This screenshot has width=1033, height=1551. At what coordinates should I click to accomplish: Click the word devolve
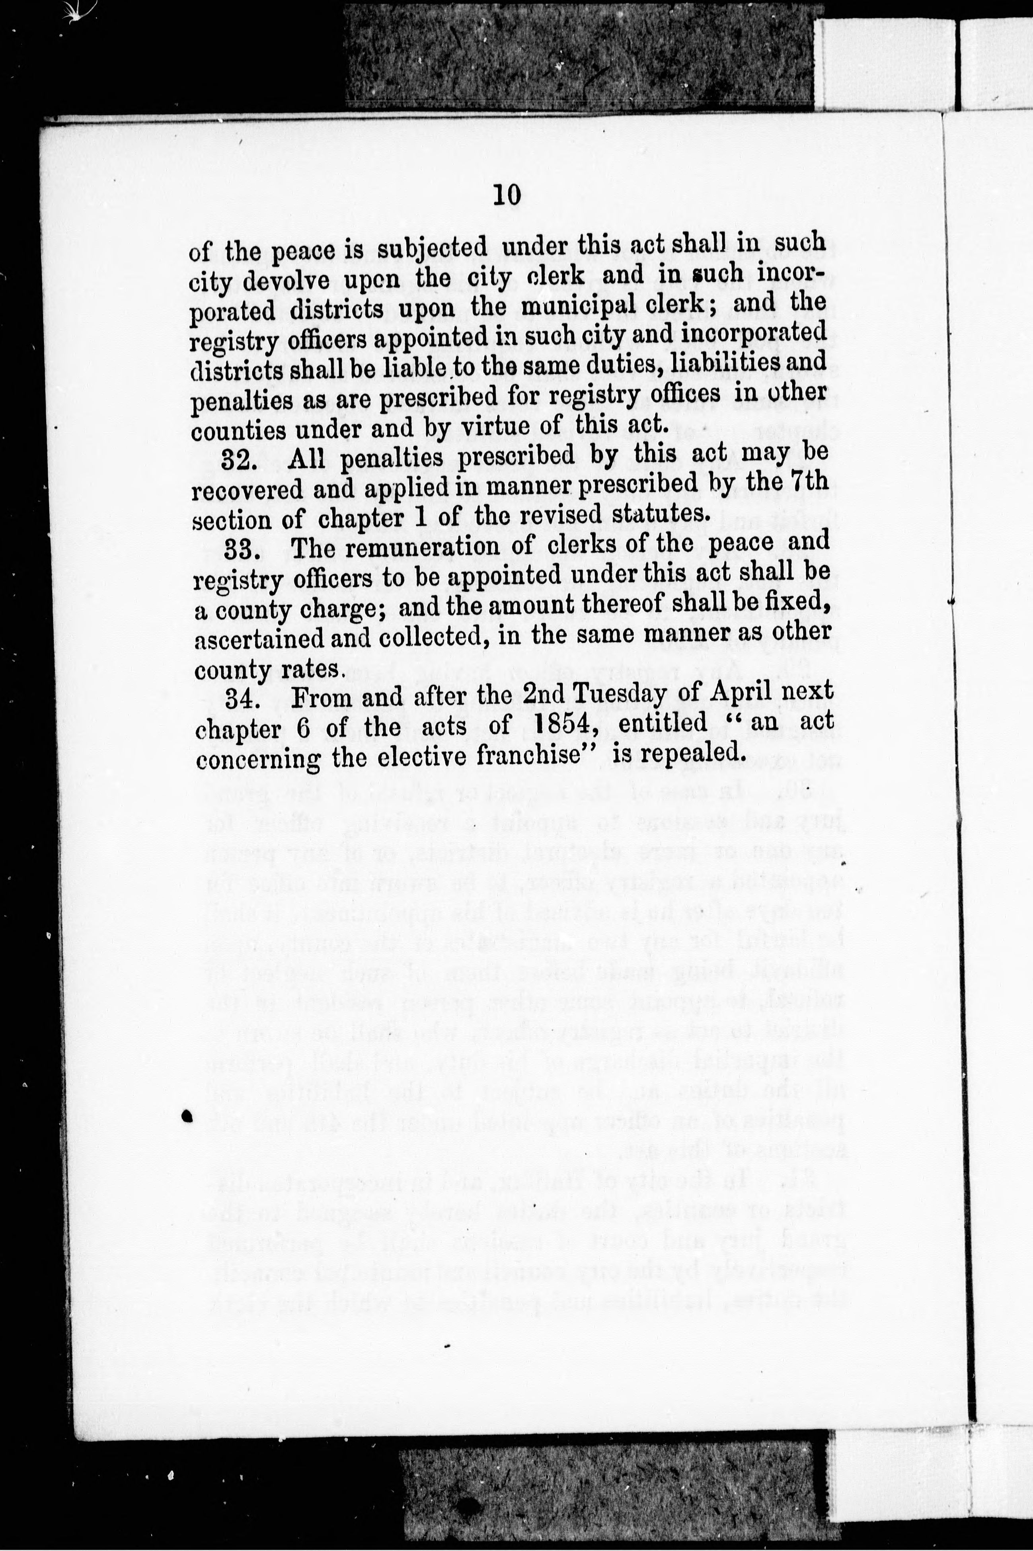click(294, 280)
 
